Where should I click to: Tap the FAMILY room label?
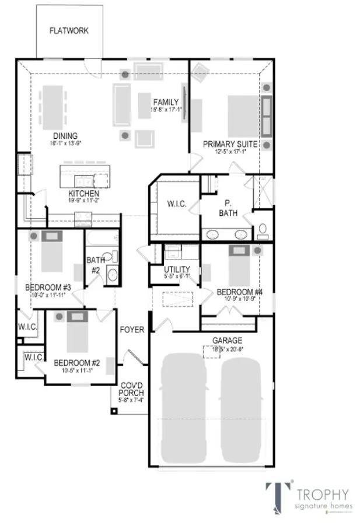tap(166, 102)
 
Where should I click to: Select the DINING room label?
tap(65, 136)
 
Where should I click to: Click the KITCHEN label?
tap(83, 193)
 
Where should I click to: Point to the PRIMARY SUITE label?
tap(224, 143)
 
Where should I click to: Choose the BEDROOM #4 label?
tap(236, 292)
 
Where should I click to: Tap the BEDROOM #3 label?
tap(48, 288)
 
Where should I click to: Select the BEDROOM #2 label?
tap(76, 362)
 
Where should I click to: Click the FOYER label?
tap(132, 330)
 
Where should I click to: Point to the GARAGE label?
tap(228, 341)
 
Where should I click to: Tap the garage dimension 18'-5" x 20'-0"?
tap(228, 349)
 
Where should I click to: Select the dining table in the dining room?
tap(52, 107)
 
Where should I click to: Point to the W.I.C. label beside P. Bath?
tap(176, 204)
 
